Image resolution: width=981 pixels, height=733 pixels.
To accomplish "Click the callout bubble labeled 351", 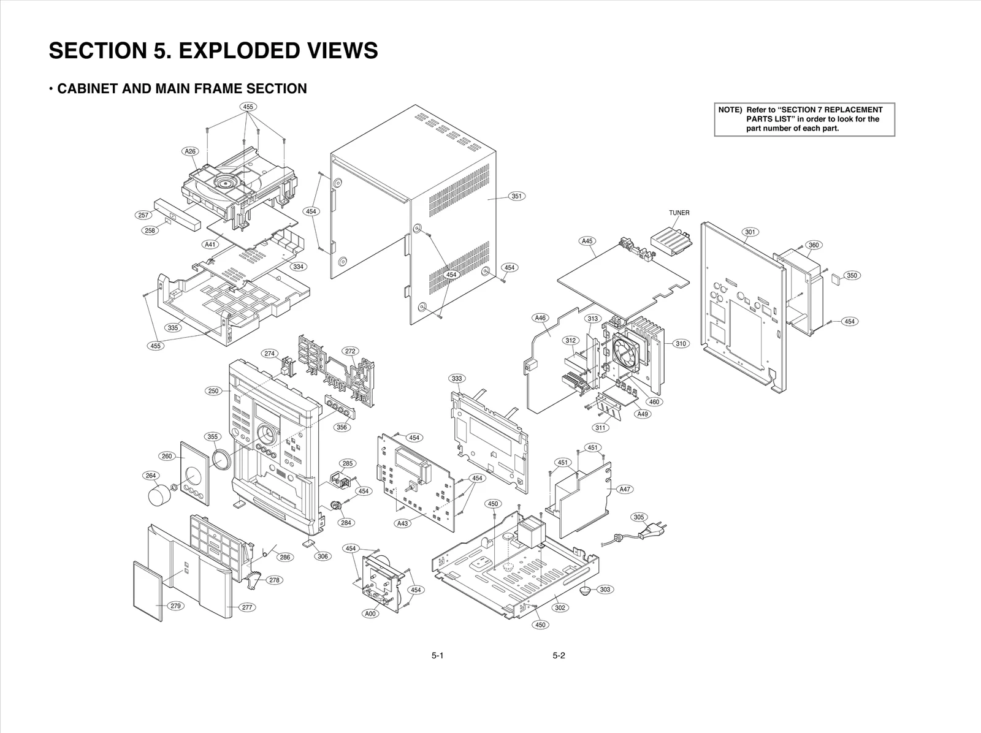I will pyautogui.click(x=517, y=196).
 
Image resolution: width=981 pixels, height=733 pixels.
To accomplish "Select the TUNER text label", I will pyautogui.click(x=679, y=213).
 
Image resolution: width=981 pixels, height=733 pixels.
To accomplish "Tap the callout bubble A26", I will pyautogui.click(x=191, y=151).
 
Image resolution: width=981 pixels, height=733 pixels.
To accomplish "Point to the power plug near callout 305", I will pyautogui.click(x=650, y=533).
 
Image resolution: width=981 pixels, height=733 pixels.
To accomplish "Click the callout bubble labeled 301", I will pyautogui.click(x=750, y=232).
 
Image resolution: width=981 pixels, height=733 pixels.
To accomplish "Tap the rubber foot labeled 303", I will pyautogui.click(x=586, y=591).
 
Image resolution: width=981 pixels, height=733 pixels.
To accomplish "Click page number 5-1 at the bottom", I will pyautogui.click(x=437, y=656).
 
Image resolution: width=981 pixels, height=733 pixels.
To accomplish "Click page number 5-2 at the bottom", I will pyautogui.click(x=559, y=656).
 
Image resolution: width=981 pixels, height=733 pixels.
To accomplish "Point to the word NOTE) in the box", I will pyautogui.click(x=730, y=110).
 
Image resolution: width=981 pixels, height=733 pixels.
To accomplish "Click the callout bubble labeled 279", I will pyautogui.click(x=175, y=606).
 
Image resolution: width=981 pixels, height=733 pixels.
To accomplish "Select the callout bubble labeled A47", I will pyautogui.click(x=625, y=489).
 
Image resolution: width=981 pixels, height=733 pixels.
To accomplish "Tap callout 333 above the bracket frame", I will pyautogui.click(x=457, y=379).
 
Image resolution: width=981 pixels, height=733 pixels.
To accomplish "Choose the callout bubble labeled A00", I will pyautogui.click(x=370, y=613).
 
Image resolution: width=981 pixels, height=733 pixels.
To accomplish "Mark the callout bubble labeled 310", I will pyautogui.click(x=681, y=344).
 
